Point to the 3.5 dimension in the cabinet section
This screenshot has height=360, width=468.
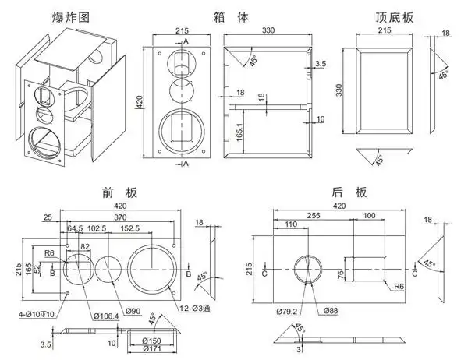320,62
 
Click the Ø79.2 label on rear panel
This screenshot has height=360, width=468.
286,312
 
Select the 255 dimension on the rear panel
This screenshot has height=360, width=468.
313,214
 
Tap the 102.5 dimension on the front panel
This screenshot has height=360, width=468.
97,228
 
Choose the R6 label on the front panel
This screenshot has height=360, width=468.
49,253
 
